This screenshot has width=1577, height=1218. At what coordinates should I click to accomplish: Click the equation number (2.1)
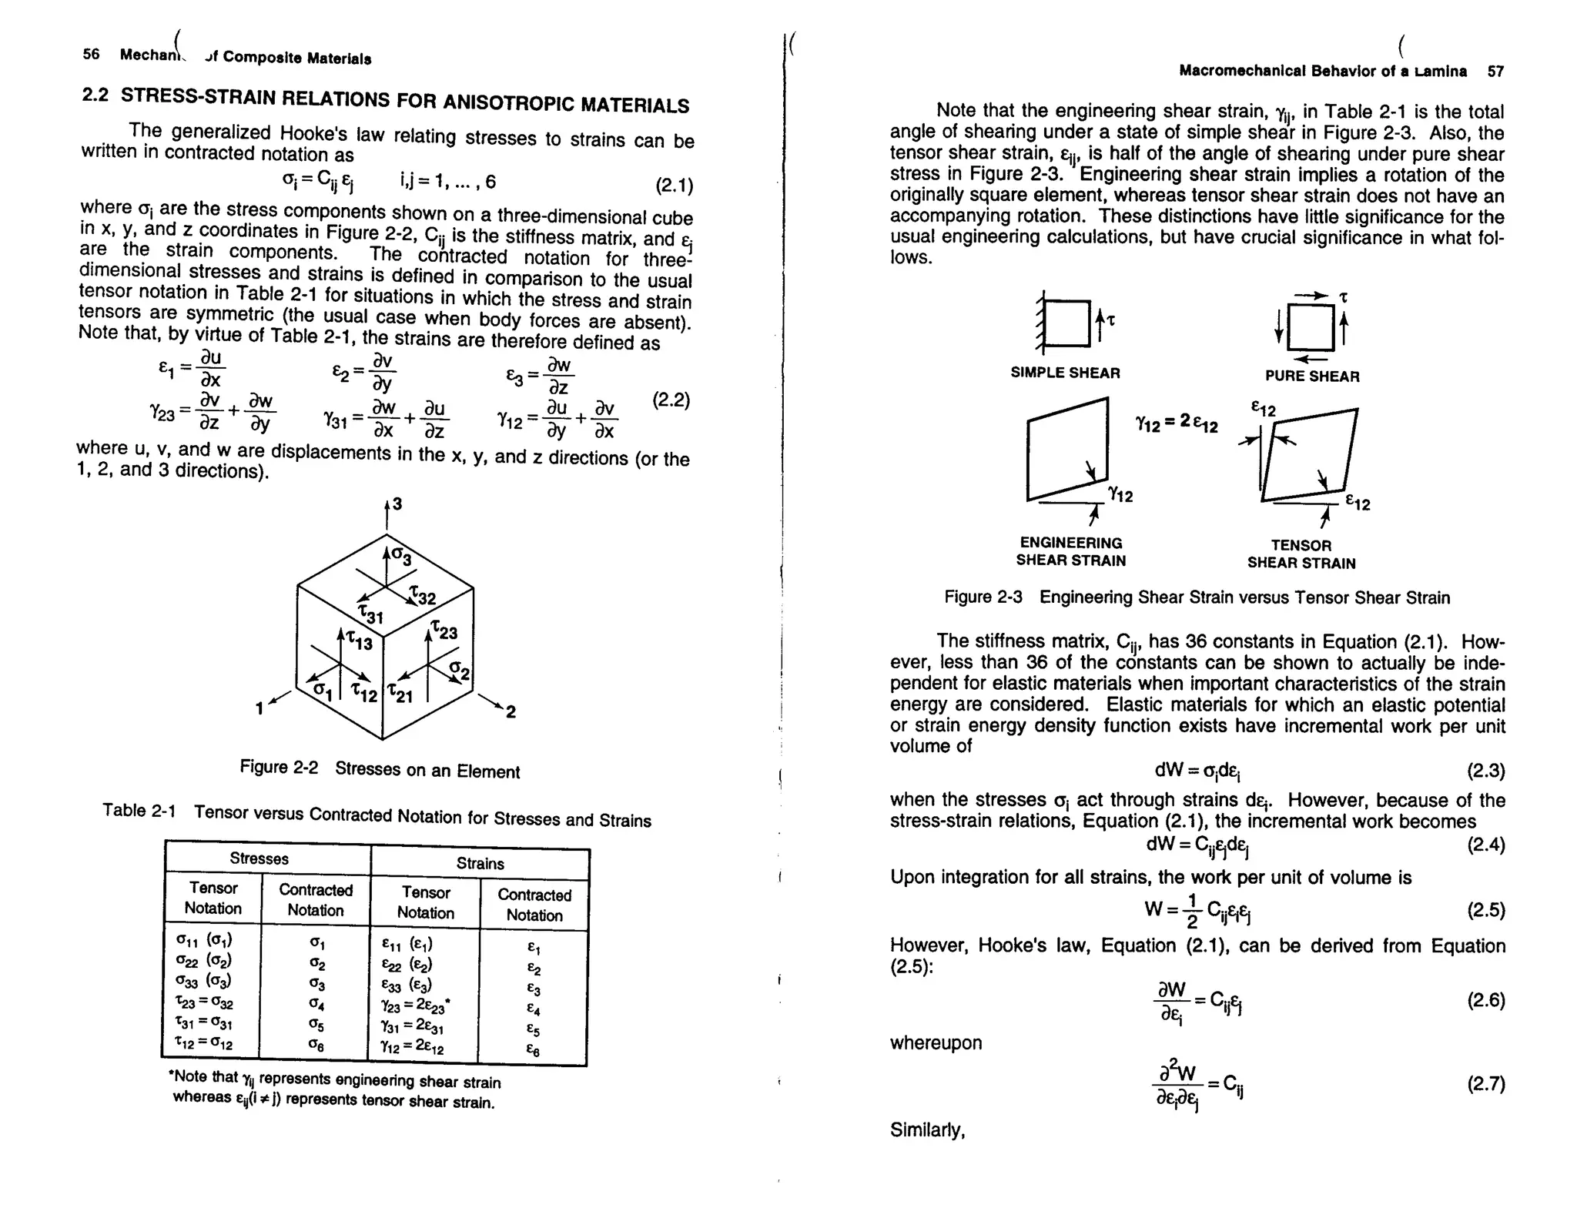click(674, 186)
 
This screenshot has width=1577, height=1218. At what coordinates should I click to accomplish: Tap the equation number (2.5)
click(1485, 910)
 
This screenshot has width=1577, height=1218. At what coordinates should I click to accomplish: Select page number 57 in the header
click(1495, 72)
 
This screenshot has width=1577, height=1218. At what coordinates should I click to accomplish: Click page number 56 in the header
click(91, 54)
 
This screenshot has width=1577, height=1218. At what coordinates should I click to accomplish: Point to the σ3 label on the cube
click(401, 555)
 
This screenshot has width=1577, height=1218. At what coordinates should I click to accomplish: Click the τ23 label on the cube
click(444, 631)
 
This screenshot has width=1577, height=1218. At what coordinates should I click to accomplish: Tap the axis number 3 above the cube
click(397, 504)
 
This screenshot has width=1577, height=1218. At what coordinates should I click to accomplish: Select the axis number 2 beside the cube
click(510, 712)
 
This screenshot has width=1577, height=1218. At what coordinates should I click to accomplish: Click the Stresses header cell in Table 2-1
click(259, 858)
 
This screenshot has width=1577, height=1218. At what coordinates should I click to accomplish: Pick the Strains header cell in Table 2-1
click(480, 863)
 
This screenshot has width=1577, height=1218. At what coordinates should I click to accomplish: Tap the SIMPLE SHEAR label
click(1065, 373)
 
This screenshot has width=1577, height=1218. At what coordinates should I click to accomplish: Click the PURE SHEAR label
click(1312, 376)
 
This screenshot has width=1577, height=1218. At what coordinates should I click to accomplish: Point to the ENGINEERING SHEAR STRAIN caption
click(1070, 551)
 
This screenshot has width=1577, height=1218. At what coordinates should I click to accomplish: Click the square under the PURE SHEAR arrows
click(1311, 328)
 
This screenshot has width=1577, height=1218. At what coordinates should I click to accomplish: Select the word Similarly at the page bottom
click(927, 1129)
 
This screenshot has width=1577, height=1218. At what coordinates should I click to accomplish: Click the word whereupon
click(936, 1042)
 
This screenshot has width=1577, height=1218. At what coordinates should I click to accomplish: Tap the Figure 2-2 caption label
click(279, 767)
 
